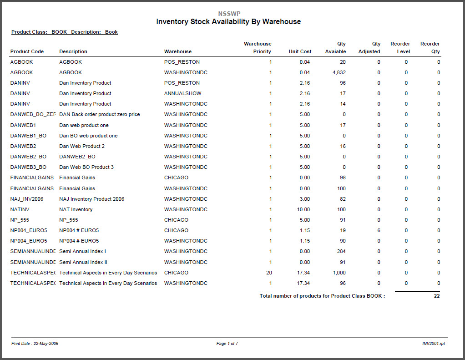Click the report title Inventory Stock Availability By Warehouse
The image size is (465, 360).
[228, 22]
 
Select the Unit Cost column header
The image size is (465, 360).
[300, 51]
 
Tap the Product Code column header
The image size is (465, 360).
[27, 51]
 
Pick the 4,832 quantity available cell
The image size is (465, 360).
[339, 72]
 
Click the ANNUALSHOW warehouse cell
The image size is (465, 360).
[183, 93]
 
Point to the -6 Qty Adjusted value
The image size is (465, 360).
[378, 230]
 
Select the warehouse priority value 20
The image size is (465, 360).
[269, 273]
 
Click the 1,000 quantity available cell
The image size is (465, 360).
[339, 273]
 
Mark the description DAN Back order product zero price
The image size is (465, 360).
[99, 114]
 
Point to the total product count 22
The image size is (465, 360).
[436, 296]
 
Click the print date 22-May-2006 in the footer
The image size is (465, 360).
[35, 343]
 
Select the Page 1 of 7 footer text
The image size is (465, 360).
[227, 343]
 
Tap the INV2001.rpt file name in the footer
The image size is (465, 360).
[434, 343]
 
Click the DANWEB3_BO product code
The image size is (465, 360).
[28, 167]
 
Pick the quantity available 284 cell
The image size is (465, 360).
[341, 251]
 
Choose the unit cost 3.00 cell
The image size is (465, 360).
[305, 199]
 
